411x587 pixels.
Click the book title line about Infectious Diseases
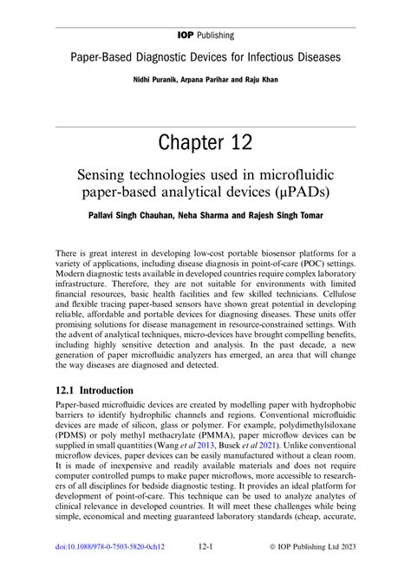[205, 59]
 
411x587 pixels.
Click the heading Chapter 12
[205, 140]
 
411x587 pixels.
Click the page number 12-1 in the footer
[205, 571]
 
